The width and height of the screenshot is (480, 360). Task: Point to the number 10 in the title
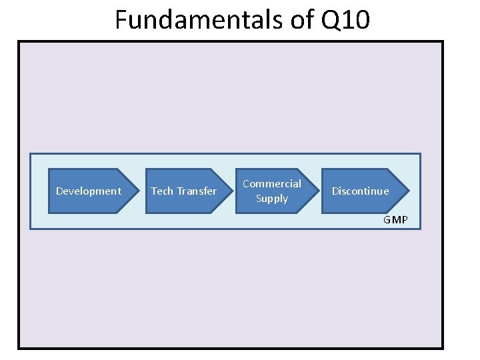tap(357, 20)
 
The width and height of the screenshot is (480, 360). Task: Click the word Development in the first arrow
tap(89, 191)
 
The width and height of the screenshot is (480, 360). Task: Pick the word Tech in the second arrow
tap(162, 191)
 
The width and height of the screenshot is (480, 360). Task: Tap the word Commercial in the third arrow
tap(272, 183)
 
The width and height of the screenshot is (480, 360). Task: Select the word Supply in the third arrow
tap(272, 199)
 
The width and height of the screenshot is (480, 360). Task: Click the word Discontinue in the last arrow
tap(361, 191)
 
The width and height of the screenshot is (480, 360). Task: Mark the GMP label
tap(395, 220)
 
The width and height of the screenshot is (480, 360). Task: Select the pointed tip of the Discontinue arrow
tap(409, 191)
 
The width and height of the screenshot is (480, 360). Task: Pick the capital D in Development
tap(59, 191)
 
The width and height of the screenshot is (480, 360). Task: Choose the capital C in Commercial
tap(246, 183)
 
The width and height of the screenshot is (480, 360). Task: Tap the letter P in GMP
tap(404, 220)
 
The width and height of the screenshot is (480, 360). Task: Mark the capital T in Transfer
tap(179, 191)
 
